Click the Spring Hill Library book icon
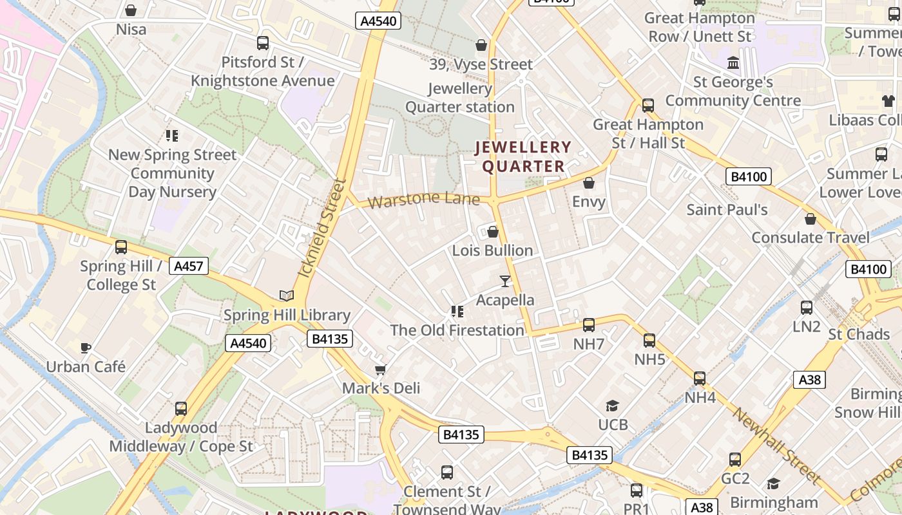point(287,295)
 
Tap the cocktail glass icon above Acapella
point(505,281)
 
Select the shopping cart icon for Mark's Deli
point(381,369)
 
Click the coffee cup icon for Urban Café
point(86,348)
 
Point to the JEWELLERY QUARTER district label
point(523,157)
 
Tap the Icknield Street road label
point(322,229)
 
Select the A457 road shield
point(189,265)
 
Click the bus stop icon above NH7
point(589,325)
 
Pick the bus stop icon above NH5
point(649,341)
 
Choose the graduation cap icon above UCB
point(612,406)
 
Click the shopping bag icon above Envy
point(589,183)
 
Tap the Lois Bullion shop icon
point(493,232)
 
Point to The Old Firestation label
point(457,330)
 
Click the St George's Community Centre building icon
point(733,63)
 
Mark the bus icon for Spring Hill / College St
point(121,247)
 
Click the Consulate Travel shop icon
point(811,219)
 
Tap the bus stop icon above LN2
point(807,308)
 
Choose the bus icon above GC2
point(735,460)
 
